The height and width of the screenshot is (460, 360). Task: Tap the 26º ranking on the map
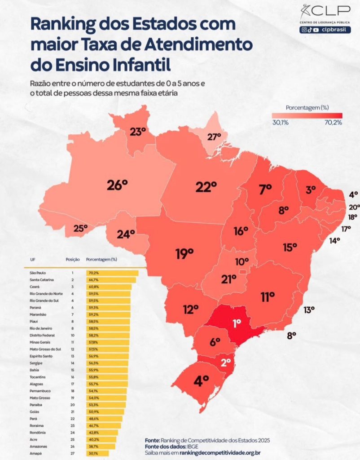[118, 185]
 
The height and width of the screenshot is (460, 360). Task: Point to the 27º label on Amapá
[214, 137]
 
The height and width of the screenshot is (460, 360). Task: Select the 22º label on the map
[206, 187]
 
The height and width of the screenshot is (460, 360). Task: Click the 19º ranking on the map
[184, 254]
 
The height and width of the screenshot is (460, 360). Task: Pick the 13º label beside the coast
[309, 310]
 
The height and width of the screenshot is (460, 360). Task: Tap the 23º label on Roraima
[138, 132]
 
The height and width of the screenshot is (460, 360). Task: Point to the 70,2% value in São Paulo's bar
[93, 273]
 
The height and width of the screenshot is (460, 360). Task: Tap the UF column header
[33, 260]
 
